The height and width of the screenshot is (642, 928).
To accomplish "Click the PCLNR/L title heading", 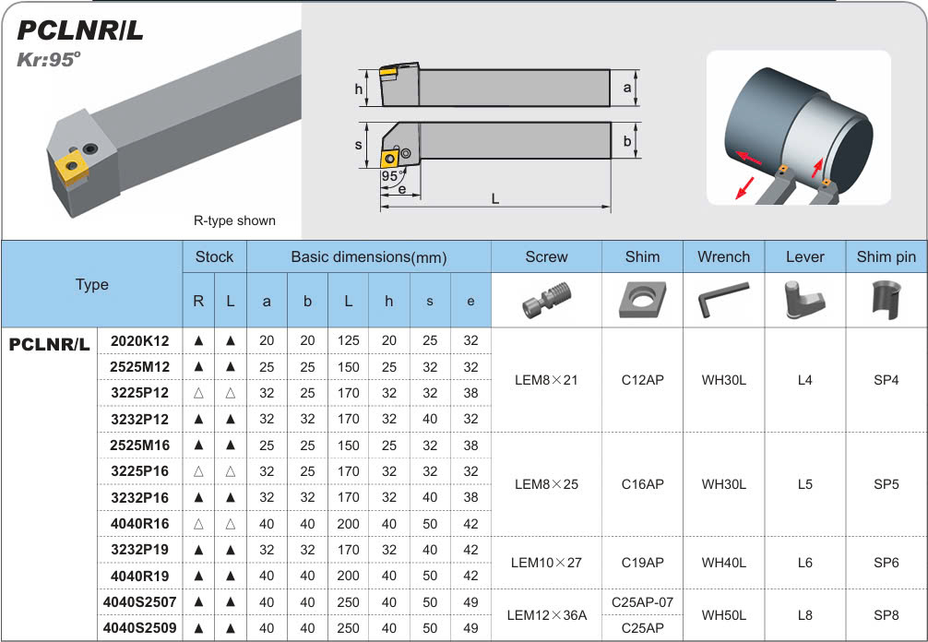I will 81,31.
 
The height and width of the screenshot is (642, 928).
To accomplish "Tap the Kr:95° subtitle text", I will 50,60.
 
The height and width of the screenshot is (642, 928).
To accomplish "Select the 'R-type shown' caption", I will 234,220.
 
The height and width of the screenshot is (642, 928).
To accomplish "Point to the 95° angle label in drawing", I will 390,175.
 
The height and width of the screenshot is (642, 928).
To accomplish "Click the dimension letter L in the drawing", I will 495,199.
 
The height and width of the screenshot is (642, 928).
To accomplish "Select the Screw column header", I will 546,256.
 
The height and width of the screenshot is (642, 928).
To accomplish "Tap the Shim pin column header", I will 886,256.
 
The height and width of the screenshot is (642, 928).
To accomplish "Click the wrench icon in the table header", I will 723,299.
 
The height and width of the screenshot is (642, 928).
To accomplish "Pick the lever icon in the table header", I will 803,299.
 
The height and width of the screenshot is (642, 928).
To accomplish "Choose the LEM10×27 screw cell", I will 546,562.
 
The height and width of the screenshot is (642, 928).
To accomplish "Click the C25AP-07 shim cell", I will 642,602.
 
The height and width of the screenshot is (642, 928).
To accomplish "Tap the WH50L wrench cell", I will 723,614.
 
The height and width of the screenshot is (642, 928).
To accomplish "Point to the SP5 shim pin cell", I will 886,483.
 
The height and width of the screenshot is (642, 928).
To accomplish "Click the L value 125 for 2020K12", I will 348,340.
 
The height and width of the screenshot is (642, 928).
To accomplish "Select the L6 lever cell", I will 804,562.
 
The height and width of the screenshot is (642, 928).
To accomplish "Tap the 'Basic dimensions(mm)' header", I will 368,256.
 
